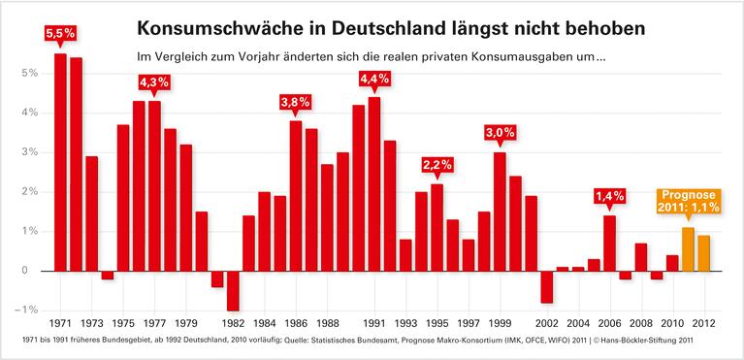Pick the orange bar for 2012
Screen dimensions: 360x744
703,252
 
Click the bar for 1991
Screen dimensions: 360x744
374,183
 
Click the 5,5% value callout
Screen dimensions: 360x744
60,33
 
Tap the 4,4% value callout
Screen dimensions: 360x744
374,78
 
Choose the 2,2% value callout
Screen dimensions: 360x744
437,165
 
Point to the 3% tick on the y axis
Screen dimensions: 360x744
31,152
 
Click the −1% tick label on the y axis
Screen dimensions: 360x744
29,310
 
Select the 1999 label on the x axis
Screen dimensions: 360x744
500,323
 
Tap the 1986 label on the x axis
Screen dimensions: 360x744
296,323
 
